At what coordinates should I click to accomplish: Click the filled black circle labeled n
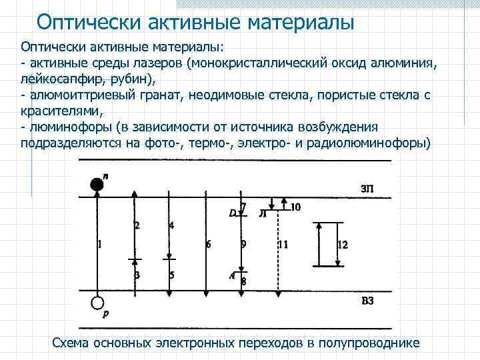click(x=97, y=185)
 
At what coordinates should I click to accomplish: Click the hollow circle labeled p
click(x=97, y=303)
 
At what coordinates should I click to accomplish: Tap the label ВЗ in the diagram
click(x=367, y=301)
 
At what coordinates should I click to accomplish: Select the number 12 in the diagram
click(x=342, y=245)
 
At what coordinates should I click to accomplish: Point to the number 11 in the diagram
click(x=283, y=245)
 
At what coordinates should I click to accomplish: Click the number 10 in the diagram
click(x=295, y=207)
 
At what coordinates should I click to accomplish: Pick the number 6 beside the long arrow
click(x=209, y=245)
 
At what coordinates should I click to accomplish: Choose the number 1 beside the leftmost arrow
click(x=99, y=245)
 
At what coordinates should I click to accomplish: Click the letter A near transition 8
click(x=232, y=275)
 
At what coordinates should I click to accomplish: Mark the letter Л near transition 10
click(x=263, y=214)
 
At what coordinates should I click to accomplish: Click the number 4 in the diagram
click(x=171, y=225)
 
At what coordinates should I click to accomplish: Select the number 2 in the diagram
click(x=137, y=225)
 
